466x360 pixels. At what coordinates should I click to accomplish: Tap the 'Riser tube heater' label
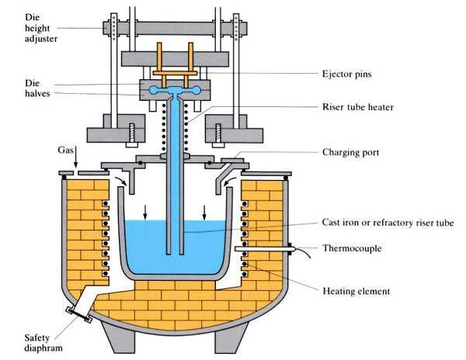click(x=363, y=107)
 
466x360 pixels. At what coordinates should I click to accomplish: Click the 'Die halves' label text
click(x=21, y=88)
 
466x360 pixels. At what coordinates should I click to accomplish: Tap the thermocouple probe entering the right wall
click(x=264, y=249)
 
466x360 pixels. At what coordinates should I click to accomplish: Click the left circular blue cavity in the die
click(x=154, y=91)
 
